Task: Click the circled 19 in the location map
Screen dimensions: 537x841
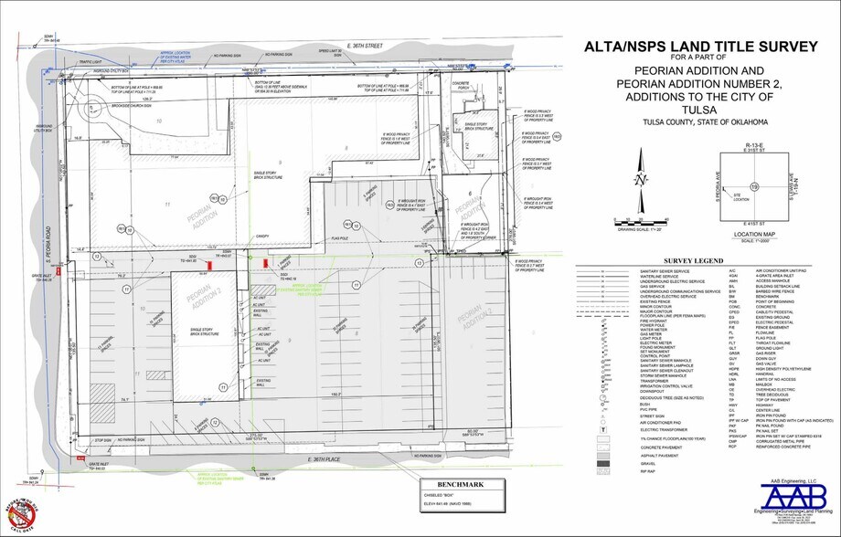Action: click(x=754, y=186)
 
